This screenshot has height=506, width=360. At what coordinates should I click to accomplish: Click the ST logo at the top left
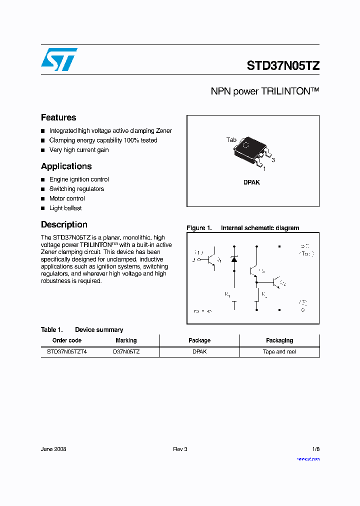pyautogui.click(x=59, y=59)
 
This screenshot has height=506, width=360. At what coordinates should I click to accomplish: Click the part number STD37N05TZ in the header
pyautogui.click(x=283, y=66)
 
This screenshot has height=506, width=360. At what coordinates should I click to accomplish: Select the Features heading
pyautogui.click(x=58, y=117)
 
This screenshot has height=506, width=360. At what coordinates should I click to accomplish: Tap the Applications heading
pyautogui.click(x=66, y=166)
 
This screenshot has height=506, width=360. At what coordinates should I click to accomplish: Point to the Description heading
pyautogui.click(x=64, y=224)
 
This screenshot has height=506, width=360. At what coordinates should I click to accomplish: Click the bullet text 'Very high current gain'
pyautogui.click(x=79, y=150)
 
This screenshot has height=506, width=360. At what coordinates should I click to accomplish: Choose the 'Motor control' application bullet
pyautogui.click(x=67, y=198)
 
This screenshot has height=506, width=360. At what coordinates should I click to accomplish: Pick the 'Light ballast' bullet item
pyautogui.click(x=65, y=208)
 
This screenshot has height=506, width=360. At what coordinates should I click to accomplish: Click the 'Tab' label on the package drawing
pyautogui.click(x=231, y=140)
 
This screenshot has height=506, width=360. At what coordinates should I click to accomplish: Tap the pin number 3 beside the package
pyautogui.click(x=273, y=160)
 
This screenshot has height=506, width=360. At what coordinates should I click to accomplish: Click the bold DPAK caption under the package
pyautogui.click(x=251, y=182)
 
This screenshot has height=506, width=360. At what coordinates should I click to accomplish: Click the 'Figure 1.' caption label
pyautogui.click(x=199, y=228)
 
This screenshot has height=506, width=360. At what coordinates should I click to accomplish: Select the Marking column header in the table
pyautogui.click(x=126, y=340)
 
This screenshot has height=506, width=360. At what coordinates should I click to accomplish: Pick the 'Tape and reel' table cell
pyautogui.click(x=279, y=351)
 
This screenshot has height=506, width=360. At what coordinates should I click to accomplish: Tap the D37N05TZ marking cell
pyautogui.click(x=126, y=351)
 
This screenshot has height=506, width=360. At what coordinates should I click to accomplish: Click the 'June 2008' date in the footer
pyautogui.click(x=53, y=449)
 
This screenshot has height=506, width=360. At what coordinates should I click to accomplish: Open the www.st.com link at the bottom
pyautogui.click(x=308, y=459)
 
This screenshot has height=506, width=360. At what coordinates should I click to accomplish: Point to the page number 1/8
pyautogui.click(x=315, y=449)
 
